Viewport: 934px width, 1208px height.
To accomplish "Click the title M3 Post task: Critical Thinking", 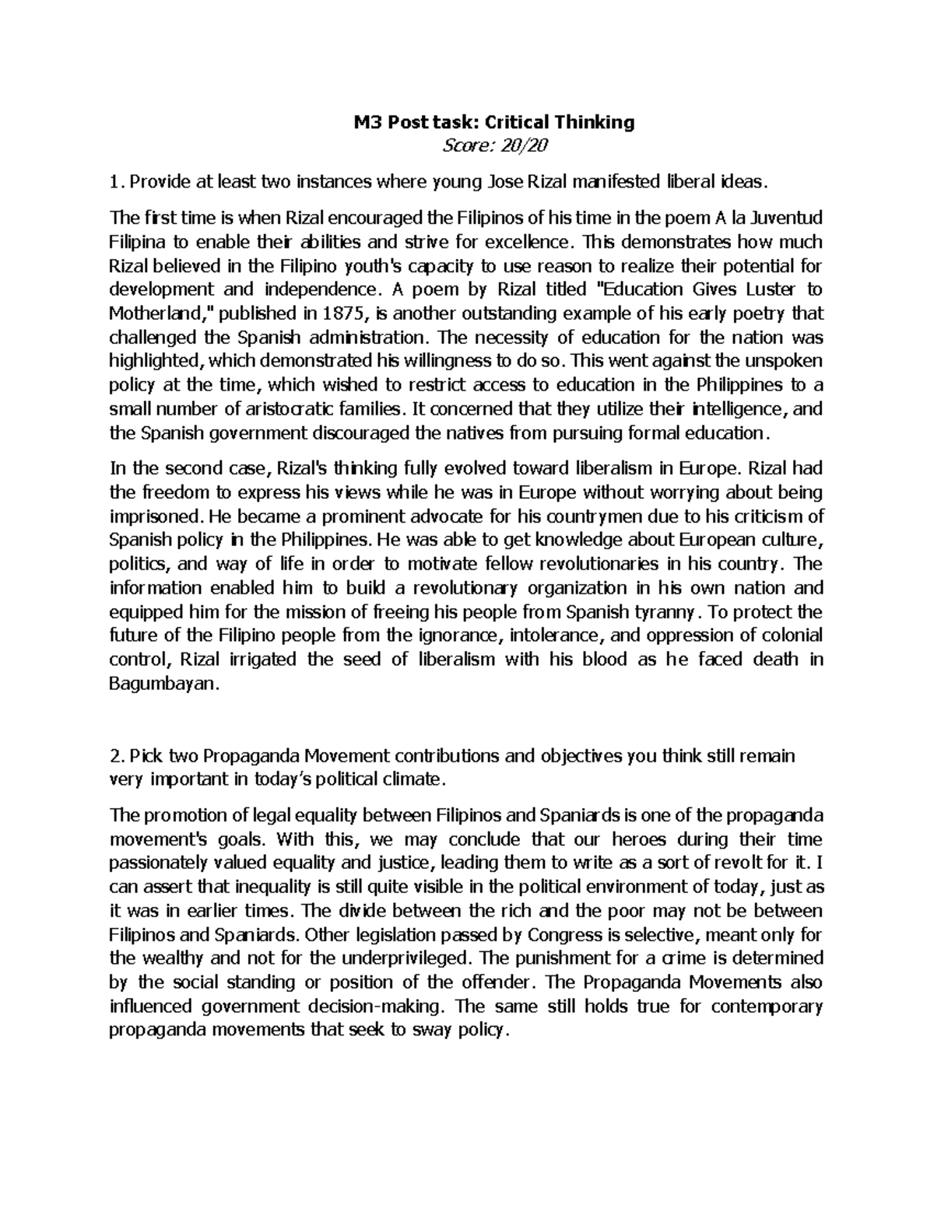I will click(x=490, y=122).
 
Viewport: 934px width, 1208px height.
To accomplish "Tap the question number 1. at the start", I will click(x=116, y=183).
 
